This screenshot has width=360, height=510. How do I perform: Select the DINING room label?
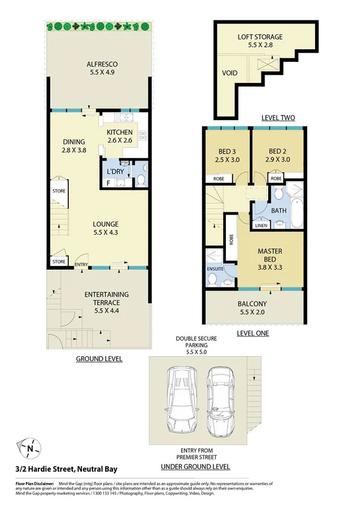(x=75, y=143)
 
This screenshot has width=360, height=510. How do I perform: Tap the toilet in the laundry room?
(x=139, y=180)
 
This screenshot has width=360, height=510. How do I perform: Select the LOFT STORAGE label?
(x=260, y=37)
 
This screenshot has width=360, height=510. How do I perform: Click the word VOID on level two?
(x=230, y=73)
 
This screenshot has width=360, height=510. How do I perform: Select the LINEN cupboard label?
(x=261, y=226)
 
